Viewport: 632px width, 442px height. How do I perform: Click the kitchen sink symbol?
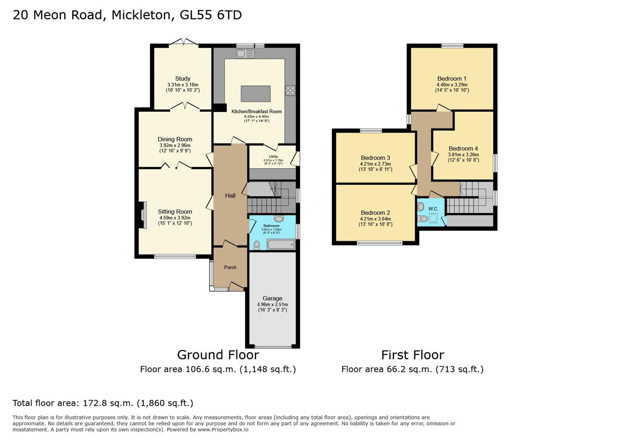pos(245,54)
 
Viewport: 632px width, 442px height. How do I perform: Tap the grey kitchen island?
pos(255,93)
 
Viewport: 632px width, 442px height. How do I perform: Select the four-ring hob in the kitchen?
pos(290,90)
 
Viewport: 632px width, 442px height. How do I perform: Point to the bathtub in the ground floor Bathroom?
pos(281,245)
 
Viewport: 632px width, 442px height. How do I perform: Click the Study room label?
pos(183,79)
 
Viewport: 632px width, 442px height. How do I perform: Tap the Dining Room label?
pos(175,139)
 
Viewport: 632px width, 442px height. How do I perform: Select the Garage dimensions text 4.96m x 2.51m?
pos(272,304)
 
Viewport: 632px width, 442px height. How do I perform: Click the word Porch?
pos(230,267)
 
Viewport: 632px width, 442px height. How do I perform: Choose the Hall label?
pos(230,196)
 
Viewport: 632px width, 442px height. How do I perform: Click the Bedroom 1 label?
pos(451,79)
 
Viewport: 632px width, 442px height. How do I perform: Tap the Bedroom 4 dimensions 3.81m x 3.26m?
pos(463,155)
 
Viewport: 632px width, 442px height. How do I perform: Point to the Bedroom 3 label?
pos(375,158)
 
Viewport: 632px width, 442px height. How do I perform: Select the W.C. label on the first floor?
pos(433,209)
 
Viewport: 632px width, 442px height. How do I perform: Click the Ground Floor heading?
pos(218,354)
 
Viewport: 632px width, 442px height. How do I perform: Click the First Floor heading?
pos(412,354)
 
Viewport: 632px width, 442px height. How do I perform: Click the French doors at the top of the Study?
pos(183,42)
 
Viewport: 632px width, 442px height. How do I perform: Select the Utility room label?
pos(273,156)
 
